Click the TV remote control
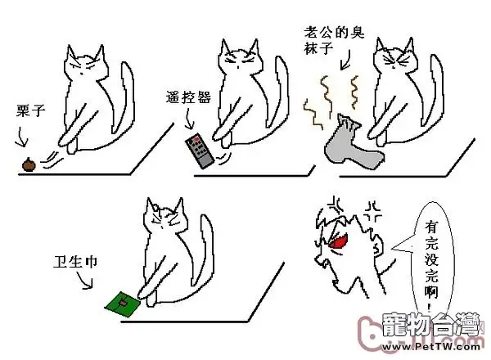click(x=199, y=152)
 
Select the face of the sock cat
click(x=392, y=62)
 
